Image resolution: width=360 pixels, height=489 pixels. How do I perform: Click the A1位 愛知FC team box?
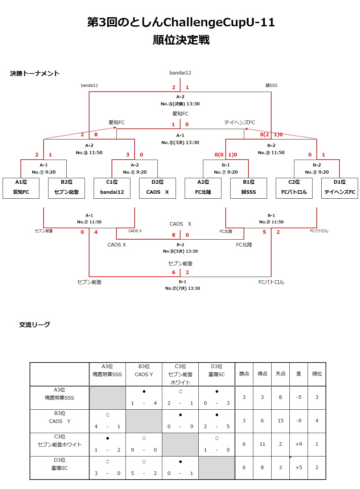pos(21,188)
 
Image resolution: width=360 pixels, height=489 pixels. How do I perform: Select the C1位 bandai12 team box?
pos(112,188)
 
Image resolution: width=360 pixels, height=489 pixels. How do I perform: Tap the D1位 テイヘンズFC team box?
pos(340,188)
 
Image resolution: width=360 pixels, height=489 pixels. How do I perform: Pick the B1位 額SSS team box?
pos(248,188)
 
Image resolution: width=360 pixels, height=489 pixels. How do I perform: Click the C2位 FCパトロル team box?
pos(294,188)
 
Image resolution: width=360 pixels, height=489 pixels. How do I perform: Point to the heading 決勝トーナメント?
pos(35,73)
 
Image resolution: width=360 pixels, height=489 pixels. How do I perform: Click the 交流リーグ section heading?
pos(34,324)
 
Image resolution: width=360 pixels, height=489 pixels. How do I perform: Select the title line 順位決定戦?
pos(181,40)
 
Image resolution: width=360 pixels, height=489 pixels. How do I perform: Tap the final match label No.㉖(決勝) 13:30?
pos(180,104)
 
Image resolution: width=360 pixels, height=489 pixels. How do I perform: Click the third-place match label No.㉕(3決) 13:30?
pos(180,142)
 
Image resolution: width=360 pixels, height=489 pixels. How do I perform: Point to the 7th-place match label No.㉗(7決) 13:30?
pos(182,288)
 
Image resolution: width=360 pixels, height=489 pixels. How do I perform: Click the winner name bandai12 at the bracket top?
pos(180,73)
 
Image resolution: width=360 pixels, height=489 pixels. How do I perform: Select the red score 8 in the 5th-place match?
pos(174,235)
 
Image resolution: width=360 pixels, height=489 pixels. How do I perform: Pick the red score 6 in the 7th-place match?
pos(174,272)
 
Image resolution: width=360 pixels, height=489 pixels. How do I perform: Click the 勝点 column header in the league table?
pos(244,374)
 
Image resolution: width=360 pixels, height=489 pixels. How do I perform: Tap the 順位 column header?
pos(317,374)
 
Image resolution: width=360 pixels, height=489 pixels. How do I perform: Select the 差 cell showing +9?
pos(299,444)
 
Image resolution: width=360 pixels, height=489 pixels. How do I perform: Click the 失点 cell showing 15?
pos(280,421)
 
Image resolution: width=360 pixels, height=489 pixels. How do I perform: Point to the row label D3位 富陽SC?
pos(60,464)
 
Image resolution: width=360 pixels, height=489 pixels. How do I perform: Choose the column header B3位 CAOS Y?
pos(144,371)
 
